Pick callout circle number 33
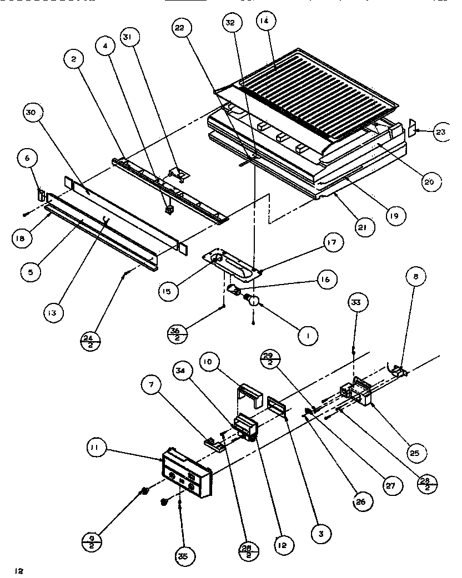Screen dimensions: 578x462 (356, 303)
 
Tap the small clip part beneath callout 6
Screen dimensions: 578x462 (41, 194)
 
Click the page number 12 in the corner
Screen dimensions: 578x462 (19, 570)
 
